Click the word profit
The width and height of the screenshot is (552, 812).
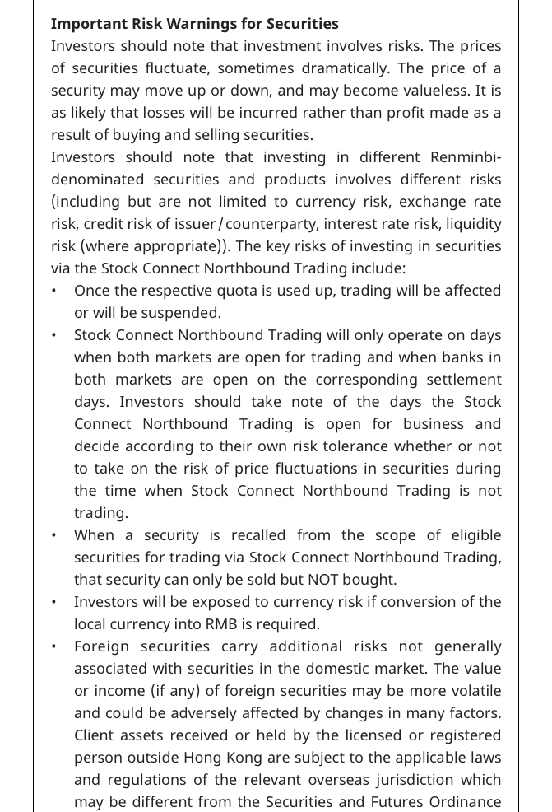[x=383, y=113]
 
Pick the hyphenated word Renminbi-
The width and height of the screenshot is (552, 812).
[x=466, y=157]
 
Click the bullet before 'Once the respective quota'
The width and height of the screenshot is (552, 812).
[x=54, y=291]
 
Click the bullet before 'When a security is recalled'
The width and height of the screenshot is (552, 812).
[x=54, y=535]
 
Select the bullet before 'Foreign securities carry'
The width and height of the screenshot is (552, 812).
[x=54, y=646]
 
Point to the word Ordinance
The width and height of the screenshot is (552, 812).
[x=466, y=802]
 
